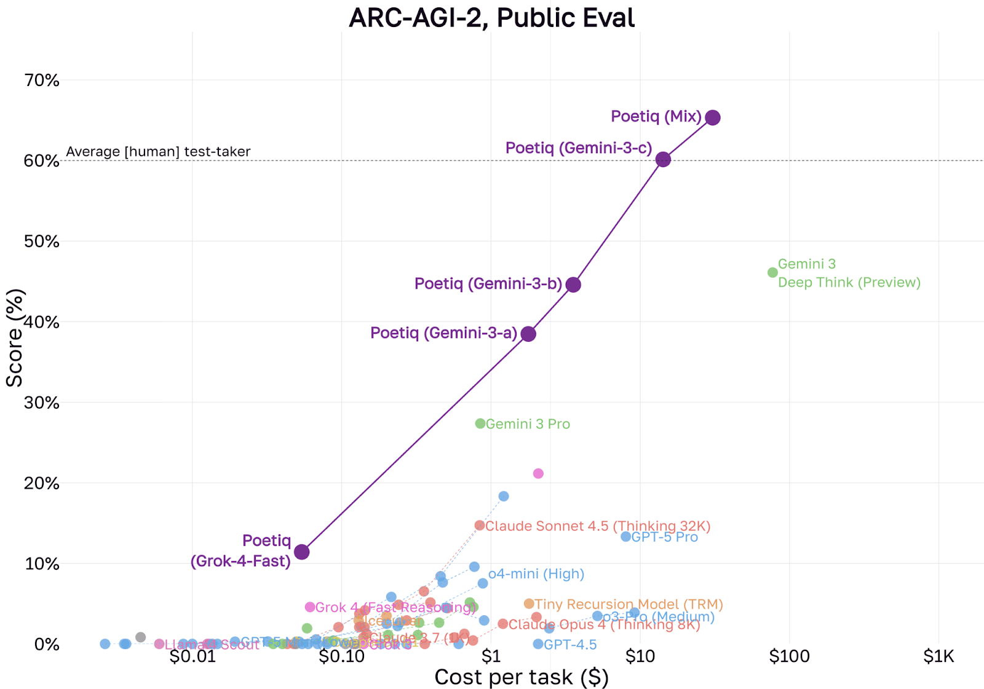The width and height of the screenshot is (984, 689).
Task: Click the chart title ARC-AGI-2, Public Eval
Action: pyautogui.click(x=491, y=17)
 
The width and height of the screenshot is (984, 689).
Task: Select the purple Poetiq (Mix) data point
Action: pyautogui.click(x=712, y=117)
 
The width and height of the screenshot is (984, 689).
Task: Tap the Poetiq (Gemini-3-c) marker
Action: pyautogui.click(x=662, y=159)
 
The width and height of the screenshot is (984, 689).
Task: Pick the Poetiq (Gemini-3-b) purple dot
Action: pyautogui.click(x=573, y=285)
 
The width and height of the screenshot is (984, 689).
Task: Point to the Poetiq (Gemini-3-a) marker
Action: pyautogui.click(x=528, y=334)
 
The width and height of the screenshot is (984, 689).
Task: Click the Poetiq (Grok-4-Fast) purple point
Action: pyautogui.click(x=301, y=551)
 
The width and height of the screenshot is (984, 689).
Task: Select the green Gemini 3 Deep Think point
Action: pyautogui.click(x=772, y=272)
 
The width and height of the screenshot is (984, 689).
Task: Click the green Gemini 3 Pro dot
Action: pyautogui.click(x=480, y=423)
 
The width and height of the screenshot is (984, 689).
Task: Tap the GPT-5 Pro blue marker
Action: pyautogui.click(x=625, y=537)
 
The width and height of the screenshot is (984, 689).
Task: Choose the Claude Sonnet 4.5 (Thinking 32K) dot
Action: pyautogui.click(x=480, y=526)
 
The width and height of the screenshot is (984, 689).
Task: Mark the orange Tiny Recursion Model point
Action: pyautogui.click(x=529, y=604)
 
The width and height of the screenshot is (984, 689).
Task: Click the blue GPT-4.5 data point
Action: pyautogui.click(x=538, y=644)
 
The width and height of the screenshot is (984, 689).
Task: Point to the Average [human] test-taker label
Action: pyautogui.click(x=158, y=151)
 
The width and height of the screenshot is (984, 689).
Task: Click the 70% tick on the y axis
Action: pyautogui.click(x=42, y=81)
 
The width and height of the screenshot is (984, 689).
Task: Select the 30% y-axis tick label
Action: pyautogui.click(x=42, y=403)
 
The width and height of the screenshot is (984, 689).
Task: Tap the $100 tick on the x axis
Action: pyautogui.click(x=789, y=656)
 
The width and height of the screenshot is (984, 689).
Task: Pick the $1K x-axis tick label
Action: pyautogui.click(x=938, y=656)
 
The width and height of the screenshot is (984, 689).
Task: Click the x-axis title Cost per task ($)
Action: pyautogui.click(x=521, y=677)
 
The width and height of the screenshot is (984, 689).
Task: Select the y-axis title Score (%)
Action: pyautogui.click(x=14, y=337)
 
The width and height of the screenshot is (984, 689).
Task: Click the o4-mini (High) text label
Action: pyautogui.click(x=536, y=573)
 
